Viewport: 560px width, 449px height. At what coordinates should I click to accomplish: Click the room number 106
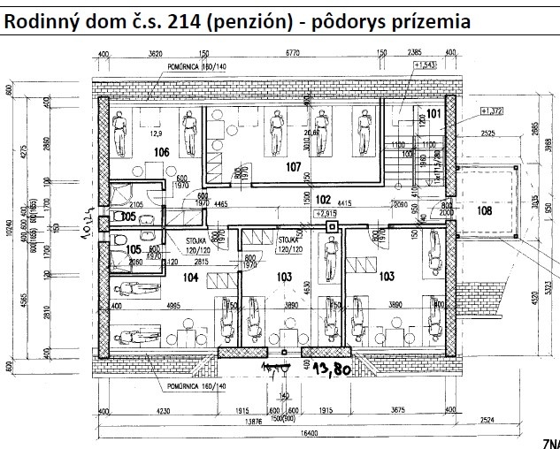point(161,153)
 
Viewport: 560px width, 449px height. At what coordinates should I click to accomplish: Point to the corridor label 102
point(323,199)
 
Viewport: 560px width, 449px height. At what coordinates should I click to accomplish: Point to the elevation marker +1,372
point(491,110)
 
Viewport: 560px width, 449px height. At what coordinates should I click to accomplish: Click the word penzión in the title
point(250,19)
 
